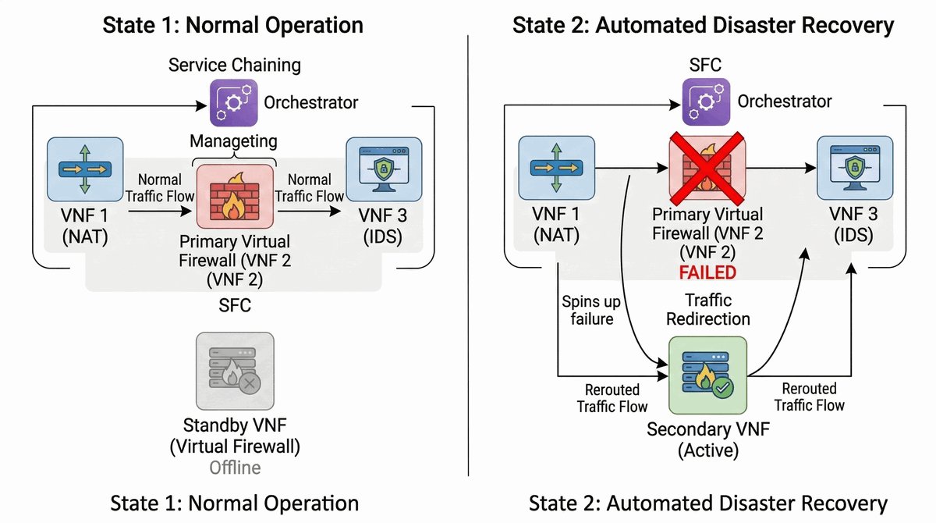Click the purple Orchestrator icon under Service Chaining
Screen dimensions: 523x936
(233, 101)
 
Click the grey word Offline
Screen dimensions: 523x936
(235, 468)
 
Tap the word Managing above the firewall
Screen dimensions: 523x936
(234, 141)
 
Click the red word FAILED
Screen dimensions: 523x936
(707, 272)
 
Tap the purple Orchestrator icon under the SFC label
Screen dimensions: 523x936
(707, 101)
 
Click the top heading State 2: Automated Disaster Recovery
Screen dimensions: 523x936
(703, 24)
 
